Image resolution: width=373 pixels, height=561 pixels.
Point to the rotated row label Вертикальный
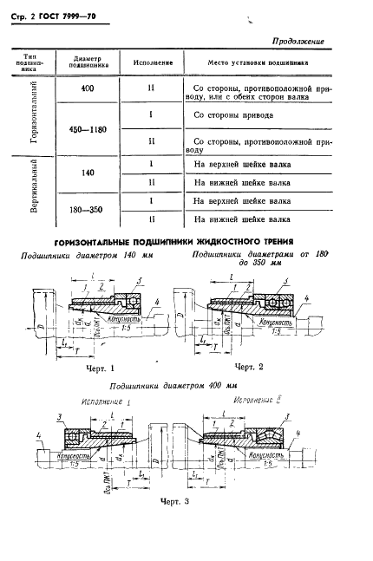pos(32,192)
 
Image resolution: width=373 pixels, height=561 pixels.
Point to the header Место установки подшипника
pos(264,63)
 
